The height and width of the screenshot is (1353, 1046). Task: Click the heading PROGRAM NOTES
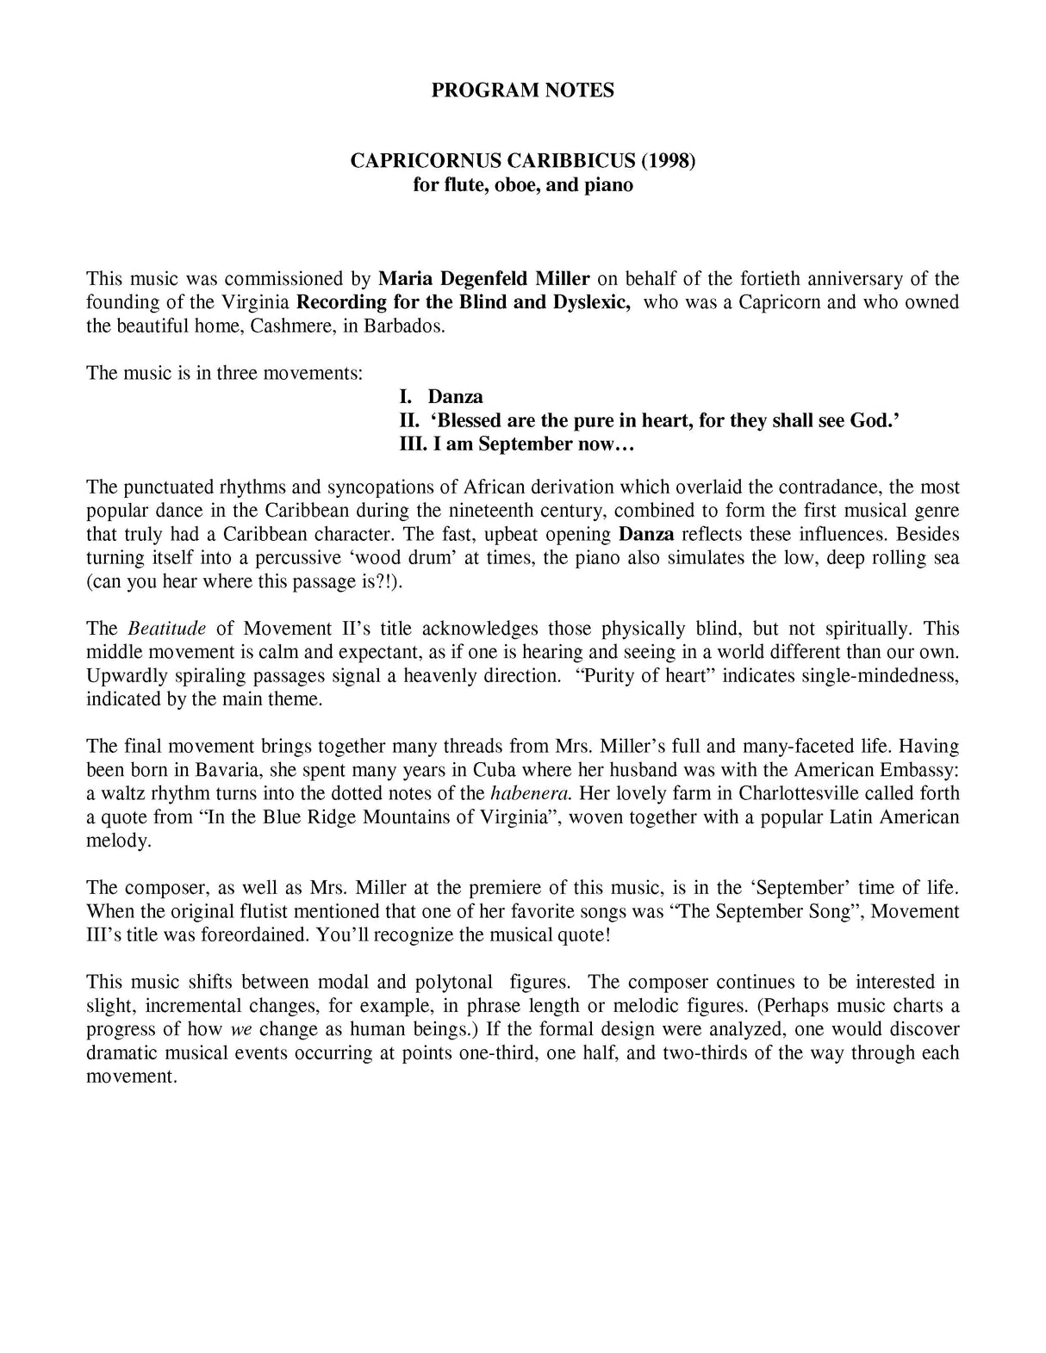point(522,90)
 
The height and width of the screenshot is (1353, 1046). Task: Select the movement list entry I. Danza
point(440,397)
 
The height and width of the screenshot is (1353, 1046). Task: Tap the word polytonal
point(452,983)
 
